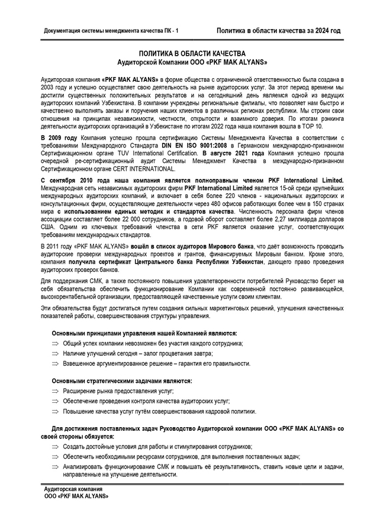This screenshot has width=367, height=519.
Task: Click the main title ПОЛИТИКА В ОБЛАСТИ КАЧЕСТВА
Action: (192, 53)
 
